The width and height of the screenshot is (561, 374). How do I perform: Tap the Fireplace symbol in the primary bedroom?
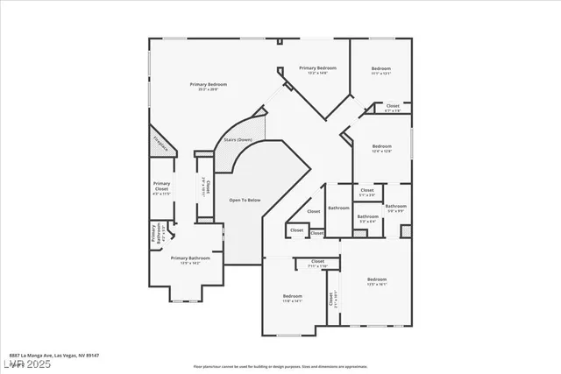[x=160, y=141]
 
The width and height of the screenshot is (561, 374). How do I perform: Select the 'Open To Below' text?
[x=245, y=201]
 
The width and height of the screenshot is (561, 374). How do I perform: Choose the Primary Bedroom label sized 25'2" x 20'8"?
[x=209, y=85]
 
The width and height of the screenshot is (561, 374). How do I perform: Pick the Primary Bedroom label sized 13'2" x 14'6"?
[x=317, y=69]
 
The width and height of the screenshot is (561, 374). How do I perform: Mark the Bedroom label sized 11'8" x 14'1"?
[x=292, y=298]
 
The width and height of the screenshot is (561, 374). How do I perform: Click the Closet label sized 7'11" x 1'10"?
[x=316, y=262]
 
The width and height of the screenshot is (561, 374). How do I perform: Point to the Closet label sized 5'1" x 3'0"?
[x=366, y=192]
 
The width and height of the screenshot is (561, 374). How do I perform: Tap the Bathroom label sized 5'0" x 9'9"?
[x=397, y=208]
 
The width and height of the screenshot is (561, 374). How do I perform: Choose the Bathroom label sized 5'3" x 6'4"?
[x=366, y=218]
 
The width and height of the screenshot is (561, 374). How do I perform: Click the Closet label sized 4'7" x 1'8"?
[x=393, y=107]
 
